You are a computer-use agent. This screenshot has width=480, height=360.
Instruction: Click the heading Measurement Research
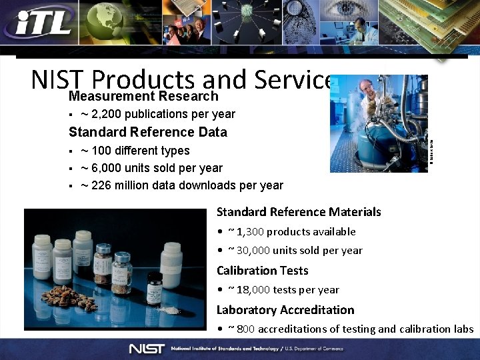[143, 97]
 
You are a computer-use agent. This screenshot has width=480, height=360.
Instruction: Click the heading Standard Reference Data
[148, 132]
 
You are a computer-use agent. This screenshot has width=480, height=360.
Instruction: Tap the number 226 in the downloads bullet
[105, 185]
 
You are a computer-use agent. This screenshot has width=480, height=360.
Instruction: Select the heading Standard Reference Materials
[299, 212]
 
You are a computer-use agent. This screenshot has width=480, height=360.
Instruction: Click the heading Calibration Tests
[263, 271]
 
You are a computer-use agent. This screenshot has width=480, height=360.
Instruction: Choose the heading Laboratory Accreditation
[285, 310]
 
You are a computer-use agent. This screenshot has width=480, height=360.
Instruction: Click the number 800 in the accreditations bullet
[246, 329]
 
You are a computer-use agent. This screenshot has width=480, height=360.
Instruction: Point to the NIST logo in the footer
[147, 349]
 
